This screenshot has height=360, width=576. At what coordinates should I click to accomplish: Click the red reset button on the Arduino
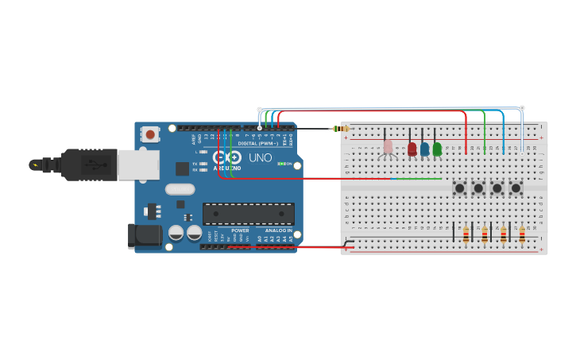150,135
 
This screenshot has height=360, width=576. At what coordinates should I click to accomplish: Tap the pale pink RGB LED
388,147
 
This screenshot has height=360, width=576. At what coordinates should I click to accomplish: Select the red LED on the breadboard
412,149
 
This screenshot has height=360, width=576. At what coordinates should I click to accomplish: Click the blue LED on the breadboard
424,149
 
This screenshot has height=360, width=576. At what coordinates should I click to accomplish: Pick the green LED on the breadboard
437,149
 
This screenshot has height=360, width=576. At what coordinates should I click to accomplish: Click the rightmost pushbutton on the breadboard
516,188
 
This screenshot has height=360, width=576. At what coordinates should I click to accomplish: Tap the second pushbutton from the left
478,188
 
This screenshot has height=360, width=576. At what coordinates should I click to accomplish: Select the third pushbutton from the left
497,188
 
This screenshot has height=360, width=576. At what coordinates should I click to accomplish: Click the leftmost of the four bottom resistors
466,234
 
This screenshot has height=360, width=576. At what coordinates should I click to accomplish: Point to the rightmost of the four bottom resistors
522,234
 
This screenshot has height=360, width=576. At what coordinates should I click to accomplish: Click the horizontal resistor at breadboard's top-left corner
342,129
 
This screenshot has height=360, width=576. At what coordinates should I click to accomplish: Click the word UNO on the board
261,157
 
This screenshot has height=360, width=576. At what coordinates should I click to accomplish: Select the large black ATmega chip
248,214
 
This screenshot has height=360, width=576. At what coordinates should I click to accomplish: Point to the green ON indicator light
280,164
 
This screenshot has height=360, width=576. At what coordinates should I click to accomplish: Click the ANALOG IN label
278,230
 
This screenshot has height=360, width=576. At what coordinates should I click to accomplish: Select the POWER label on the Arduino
240,230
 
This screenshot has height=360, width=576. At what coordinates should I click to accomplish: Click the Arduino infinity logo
227,157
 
